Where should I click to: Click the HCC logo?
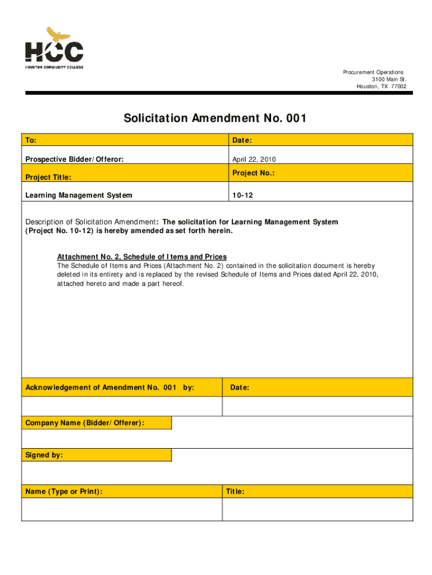click(x=54, y=48)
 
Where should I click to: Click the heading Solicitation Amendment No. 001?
click(x=215, y=118)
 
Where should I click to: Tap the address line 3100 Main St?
click(x=389, y=79)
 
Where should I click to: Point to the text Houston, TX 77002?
click(x=382, y=86)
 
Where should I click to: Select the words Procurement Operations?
click(x=373, y=72)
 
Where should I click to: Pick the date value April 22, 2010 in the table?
click(x=254, y=159)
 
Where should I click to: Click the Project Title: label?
click(x=48, y=177)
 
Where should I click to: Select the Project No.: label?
click(x=253, y=174)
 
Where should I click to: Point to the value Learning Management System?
click(x=79, y=195)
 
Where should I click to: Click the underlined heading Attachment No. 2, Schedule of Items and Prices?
click(x=142, y=257)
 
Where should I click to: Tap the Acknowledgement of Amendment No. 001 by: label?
click(x=110, y=387)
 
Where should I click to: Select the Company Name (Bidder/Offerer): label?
click(x=85, y=422)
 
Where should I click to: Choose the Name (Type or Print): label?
click(x=64, y=492)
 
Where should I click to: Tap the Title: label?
click(x=235, y=492)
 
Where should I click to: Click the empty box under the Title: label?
click(x=318, y=510)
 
